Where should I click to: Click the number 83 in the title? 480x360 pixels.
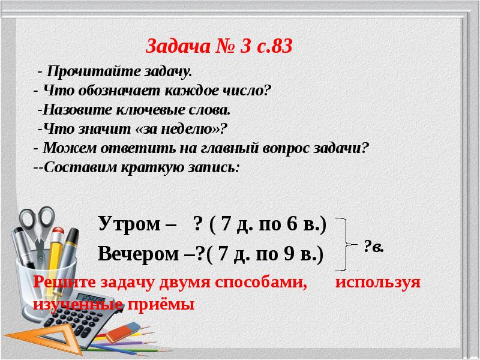(x=281, y=46)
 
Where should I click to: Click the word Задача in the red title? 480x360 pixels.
(x=174, y=46)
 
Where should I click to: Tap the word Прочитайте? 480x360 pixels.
(x=92, y=72)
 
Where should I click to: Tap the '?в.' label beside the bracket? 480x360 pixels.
(x=374, y=246)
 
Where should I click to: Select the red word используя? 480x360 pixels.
(x=378, y=282)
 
